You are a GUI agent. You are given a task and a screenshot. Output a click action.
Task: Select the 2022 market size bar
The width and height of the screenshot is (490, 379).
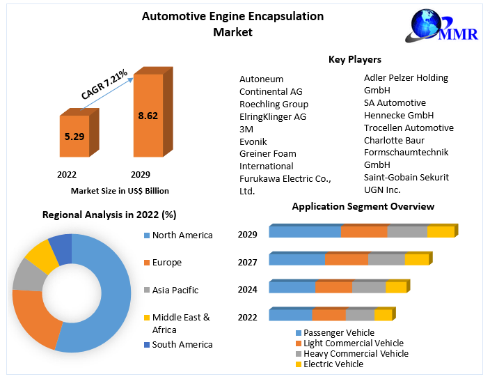click(74, 137)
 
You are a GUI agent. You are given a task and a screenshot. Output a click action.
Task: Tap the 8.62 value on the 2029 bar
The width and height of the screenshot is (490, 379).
click(148, 116)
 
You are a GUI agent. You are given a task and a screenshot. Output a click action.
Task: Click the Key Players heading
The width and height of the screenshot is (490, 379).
click(355, 60)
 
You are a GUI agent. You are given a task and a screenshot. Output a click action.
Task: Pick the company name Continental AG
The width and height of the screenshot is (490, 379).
click(271, 92)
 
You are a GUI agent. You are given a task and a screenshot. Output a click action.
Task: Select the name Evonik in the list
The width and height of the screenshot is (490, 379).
click(253, 141)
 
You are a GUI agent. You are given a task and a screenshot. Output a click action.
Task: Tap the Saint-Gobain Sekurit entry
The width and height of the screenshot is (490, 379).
click(406, 177)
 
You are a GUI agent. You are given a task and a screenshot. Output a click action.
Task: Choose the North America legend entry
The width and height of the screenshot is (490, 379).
click(182, 235)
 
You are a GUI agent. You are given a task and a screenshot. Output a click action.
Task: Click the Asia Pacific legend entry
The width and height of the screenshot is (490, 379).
click(175, 291)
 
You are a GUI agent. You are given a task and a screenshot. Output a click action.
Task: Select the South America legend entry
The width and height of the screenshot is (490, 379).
click(182, 344)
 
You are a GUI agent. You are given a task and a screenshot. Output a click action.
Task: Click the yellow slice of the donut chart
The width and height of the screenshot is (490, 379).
click(42, 256)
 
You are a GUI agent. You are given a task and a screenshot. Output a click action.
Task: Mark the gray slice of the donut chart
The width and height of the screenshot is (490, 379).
click(28, 274)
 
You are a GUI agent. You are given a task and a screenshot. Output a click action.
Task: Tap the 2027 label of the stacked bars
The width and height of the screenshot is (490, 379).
click(247, 262)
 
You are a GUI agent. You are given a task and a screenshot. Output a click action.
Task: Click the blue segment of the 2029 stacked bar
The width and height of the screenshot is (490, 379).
click(305, 232)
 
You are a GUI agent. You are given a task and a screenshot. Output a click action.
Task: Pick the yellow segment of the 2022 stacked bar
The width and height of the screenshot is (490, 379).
click(383, 315)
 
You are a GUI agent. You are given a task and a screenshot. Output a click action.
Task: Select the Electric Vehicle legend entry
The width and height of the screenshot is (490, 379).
click(333, 364)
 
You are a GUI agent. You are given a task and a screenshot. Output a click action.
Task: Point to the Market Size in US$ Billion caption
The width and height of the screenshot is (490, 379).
click(120, 190)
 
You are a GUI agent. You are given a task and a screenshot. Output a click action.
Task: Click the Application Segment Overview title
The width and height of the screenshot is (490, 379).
click(363, 206)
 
